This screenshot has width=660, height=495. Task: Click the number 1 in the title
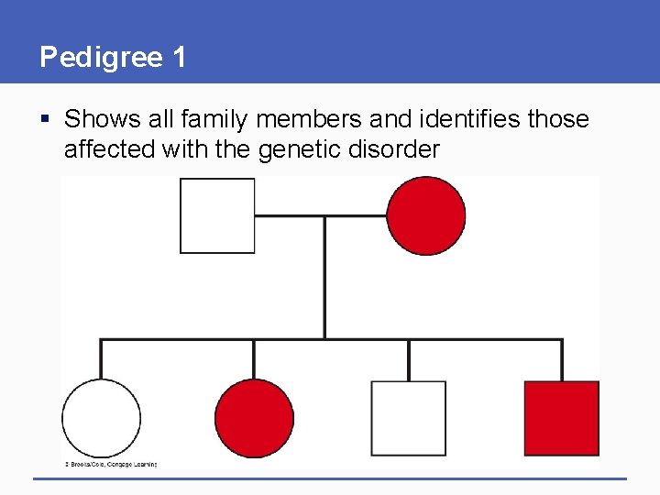(x=178, y=58)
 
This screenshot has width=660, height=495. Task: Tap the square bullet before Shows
(x=46, y=119)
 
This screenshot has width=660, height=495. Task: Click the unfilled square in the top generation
(x=217, y=215)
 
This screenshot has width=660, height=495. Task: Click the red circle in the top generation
(x=425, y=215)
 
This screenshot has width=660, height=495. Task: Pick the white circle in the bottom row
(x=101, y=419)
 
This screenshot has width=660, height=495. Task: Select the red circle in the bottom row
(x=254, y=419)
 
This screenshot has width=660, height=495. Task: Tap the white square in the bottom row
(x=408, y=419)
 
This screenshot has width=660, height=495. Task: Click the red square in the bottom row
(x=561, y=419)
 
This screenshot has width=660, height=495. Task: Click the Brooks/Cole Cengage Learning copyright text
(x=110, y=464)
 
